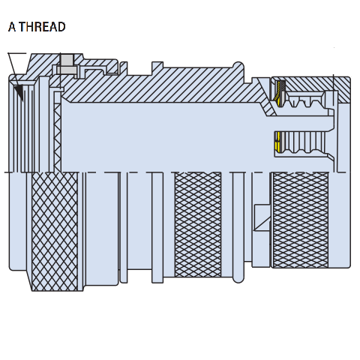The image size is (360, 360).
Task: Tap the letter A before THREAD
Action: [12, 27]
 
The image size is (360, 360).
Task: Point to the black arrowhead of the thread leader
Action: [19, 93]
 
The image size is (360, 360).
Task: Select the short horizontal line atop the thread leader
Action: [16, 53]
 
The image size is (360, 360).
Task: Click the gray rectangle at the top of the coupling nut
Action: [67, 60]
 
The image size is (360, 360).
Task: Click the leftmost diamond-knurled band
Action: [55, 231]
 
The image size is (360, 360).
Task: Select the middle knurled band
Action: [198, 224]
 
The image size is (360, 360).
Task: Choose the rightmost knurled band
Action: [300, 220]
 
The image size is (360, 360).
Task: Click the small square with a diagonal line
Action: [262, 217]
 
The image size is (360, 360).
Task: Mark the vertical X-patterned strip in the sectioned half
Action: [58, 137]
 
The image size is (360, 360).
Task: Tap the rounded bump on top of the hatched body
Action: [238, 65]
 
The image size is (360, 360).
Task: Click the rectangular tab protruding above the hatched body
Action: [157, 65]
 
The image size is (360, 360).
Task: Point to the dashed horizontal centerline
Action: [175, 172]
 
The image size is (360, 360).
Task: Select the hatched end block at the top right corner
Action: [343, 89]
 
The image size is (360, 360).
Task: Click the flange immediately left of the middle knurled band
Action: [157, 227]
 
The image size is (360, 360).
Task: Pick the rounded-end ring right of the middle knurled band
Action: [238, 227]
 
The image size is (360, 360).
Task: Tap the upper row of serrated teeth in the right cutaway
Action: [305, 100]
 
